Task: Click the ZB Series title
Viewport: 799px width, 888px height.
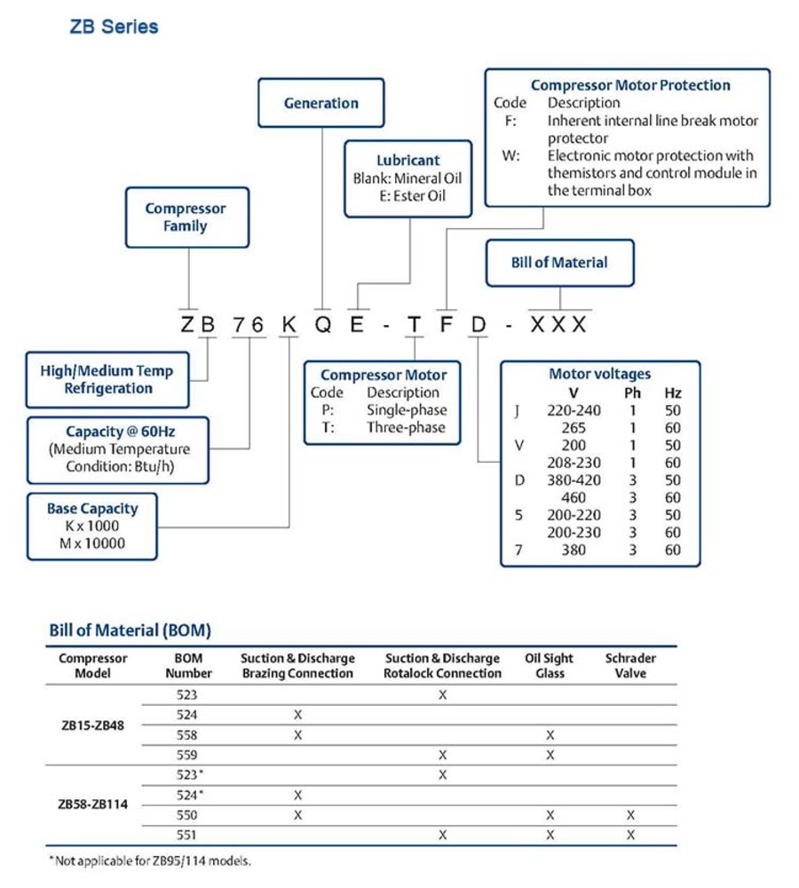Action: pos(114,28)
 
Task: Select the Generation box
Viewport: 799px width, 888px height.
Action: pos(320,103)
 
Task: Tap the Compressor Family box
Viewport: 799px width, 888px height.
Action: pos(186,218)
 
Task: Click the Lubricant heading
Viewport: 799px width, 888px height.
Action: pos(407,161)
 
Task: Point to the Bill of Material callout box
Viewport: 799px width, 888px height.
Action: pos(559,263)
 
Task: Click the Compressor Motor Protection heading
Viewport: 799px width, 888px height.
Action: pos(630,85)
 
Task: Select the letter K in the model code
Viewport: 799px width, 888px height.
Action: pos(289,324)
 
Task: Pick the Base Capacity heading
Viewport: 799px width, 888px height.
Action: pos(92,509)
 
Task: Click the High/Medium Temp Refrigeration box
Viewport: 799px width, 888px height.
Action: pos(108,379)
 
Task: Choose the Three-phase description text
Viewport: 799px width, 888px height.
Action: pos(407,428)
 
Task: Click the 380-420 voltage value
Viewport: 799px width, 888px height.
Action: pos(574,480)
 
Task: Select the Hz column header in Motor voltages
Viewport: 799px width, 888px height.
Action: pos(673,392)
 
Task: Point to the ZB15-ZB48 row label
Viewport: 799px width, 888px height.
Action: pos(92,725)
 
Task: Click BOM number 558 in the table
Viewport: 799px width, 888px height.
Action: pos(187,735)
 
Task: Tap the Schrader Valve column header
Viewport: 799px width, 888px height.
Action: pos(630,666)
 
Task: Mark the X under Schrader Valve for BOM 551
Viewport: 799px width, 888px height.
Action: pos(630,836)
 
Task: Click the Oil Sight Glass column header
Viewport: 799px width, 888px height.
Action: pos(550,666)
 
